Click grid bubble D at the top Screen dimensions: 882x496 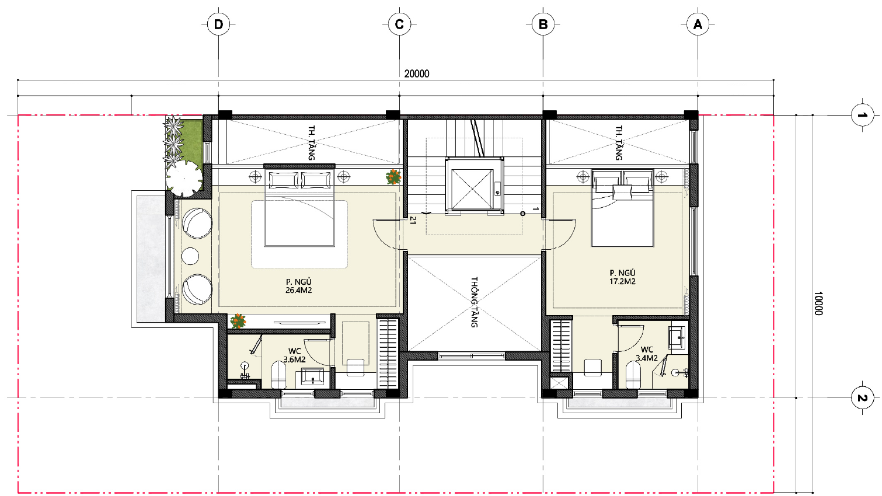click(218, 25)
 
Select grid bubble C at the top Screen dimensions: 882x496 click(399, 25)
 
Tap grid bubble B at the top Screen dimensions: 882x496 click(543, 25)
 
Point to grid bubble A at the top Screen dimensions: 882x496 click(698, 25)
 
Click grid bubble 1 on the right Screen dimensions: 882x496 click(862, 116)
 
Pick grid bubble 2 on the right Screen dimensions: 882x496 click(862, 398)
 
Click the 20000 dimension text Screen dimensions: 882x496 click(417, 74)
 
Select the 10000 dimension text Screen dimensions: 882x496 click(818, 303)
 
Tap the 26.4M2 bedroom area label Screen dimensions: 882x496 click(299, 291)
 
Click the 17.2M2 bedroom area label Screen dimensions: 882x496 click(622, 281)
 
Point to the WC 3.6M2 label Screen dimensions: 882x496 click(295, 355)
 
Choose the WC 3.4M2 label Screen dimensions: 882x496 click(647, 354)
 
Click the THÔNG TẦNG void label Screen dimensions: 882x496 click(475, 302)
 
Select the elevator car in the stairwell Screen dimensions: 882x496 click(475, 186)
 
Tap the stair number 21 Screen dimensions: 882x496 click(413, 220)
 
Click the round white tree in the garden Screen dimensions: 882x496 click(184, 179)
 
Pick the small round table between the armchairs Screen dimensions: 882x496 click(190, 256)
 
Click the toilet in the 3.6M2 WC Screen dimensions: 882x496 click(278, 375)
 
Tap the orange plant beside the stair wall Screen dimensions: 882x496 click(393, 177)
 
